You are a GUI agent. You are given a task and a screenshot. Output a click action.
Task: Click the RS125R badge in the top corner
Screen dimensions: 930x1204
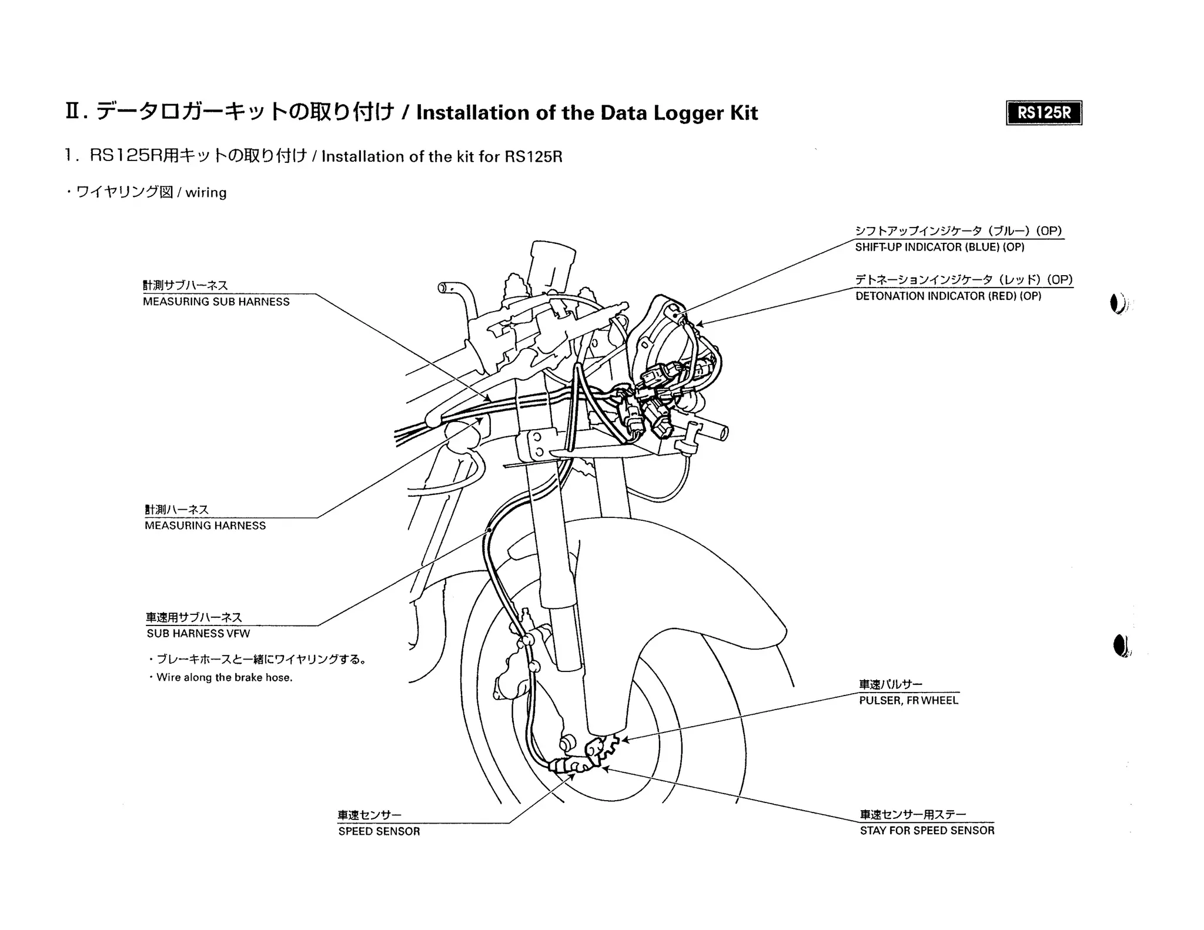coord(1044,113)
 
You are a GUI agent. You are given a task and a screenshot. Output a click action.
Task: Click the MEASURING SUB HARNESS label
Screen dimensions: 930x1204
coord(216,302)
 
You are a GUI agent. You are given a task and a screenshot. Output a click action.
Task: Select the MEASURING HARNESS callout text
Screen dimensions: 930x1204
coord(205,526)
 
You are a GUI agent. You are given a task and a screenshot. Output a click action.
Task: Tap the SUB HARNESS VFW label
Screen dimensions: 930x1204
coord(198,633)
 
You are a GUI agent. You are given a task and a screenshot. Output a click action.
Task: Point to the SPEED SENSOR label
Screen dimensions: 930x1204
coord(379,831)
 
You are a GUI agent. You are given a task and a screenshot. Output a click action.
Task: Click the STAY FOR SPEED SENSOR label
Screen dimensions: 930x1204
coord(927,830)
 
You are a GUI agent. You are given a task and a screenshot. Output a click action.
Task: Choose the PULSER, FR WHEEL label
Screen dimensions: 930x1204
coord(908,700)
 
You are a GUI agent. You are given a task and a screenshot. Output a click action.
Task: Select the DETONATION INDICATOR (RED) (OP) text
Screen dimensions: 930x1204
coord(948,296)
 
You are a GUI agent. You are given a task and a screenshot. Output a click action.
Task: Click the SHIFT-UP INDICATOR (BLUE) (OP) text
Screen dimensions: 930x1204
coord(939,247)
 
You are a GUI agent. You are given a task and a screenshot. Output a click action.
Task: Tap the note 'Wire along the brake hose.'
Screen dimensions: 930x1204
coord(224,677)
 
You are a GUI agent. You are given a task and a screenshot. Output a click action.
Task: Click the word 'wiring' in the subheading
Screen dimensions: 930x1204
coord(206,192)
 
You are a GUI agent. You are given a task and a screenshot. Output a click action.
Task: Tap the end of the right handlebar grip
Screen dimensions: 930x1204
coord(723,433)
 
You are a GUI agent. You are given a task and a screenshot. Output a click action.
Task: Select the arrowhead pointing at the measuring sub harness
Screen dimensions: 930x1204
coord(489,400)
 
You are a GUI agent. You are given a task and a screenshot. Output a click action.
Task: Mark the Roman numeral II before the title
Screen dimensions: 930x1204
coord(73,111)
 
